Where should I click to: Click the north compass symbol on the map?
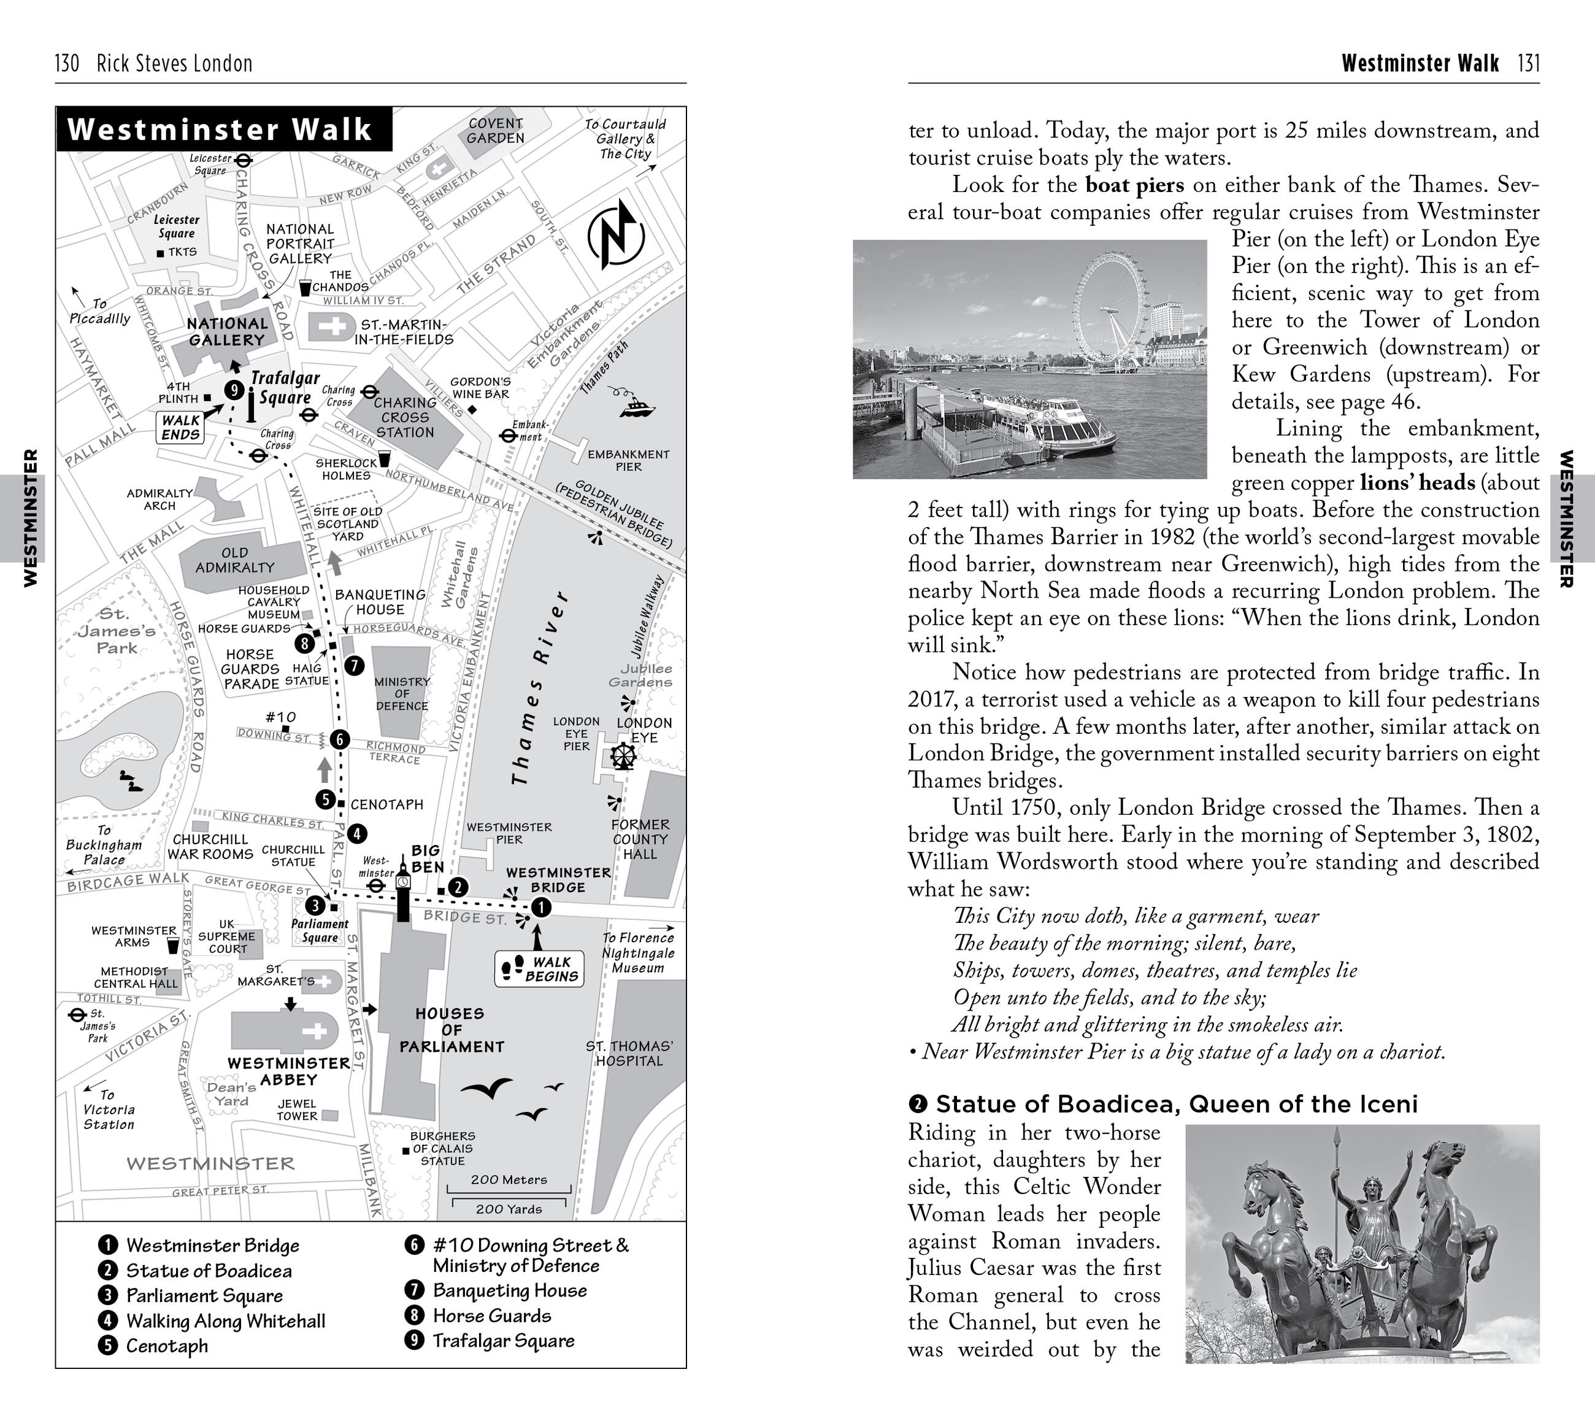pyautogui.click(x=616, y=234)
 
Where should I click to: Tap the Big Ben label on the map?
pyautogui.click(x=427, y=858)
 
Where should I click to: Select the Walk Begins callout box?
pyautogui.click(x=539, y=968)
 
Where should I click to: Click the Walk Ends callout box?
pyautogui.click(x=180, y=428)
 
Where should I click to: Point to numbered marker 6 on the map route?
pyautogui.click(x=339, y=739)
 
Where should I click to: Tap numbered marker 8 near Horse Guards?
pyautogui.click(x=304, y=643)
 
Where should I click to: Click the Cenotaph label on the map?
pyautogui.click(x=386, y=804)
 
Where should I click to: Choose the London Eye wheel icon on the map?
pyautogui.click(x=623, y=755)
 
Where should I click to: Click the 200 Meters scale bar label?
pyautogui.click(x=509, y=1180)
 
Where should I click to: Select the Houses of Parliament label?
pyautogui.click(x=451, y=1030)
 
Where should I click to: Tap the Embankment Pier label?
pyautogui.click(x=628, y=460)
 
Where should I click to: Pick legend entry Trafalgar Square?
pyautogui.click(x=503, y=1341)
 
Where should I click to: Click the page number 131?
pyautogui.click(x=1529, y=63)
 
